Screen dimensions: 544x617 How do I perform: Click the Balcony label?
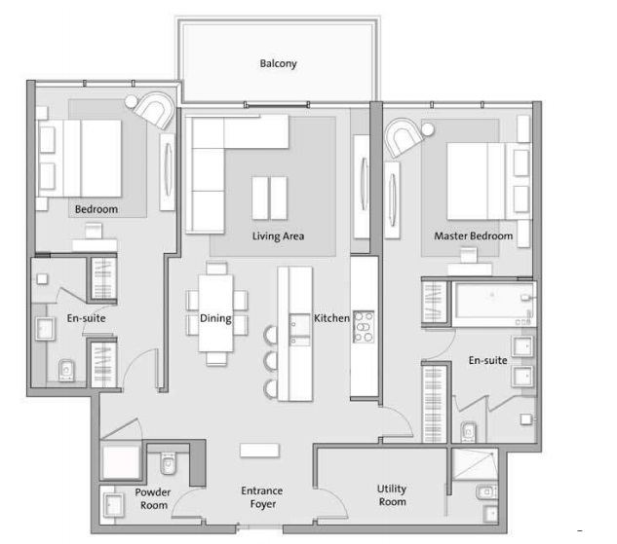[278, 64]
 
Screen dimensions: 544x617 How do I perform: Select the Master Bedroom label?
[474, 236]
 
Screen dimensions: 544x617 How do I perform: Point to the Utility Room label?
[392, 495]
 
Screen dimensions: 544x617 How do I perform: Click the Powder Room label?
[153, 498]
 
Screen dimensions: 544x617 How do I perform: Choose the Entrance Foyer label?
[262, 497]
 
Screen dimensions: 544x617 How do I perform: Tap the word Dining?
[215, 318]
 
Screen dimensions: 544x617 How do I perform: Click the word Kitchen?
[331, 318]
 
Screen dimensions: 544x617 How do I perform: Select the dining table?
[215, 310]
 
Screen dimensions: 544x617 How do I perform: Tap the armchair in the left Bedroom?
[153, 107]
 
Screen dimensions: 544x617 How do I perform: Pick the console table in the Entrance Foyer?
[260, 451]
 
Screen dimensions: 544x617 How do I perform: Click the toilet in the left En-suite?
[66, 369]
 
